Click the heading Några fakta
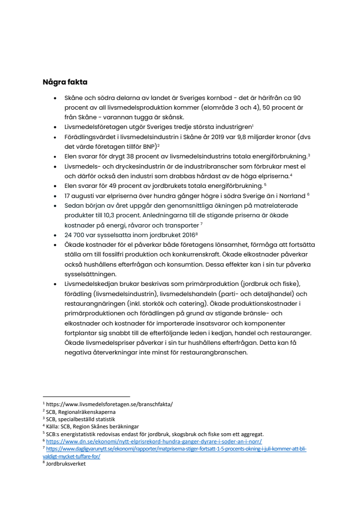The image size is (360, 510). (65, 82)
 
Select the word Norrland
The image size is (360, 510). (291, 196)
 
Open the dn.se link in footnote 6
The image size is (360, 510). (154, 441)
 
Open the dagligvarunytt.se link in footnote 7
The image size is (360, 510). (176, 449)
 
